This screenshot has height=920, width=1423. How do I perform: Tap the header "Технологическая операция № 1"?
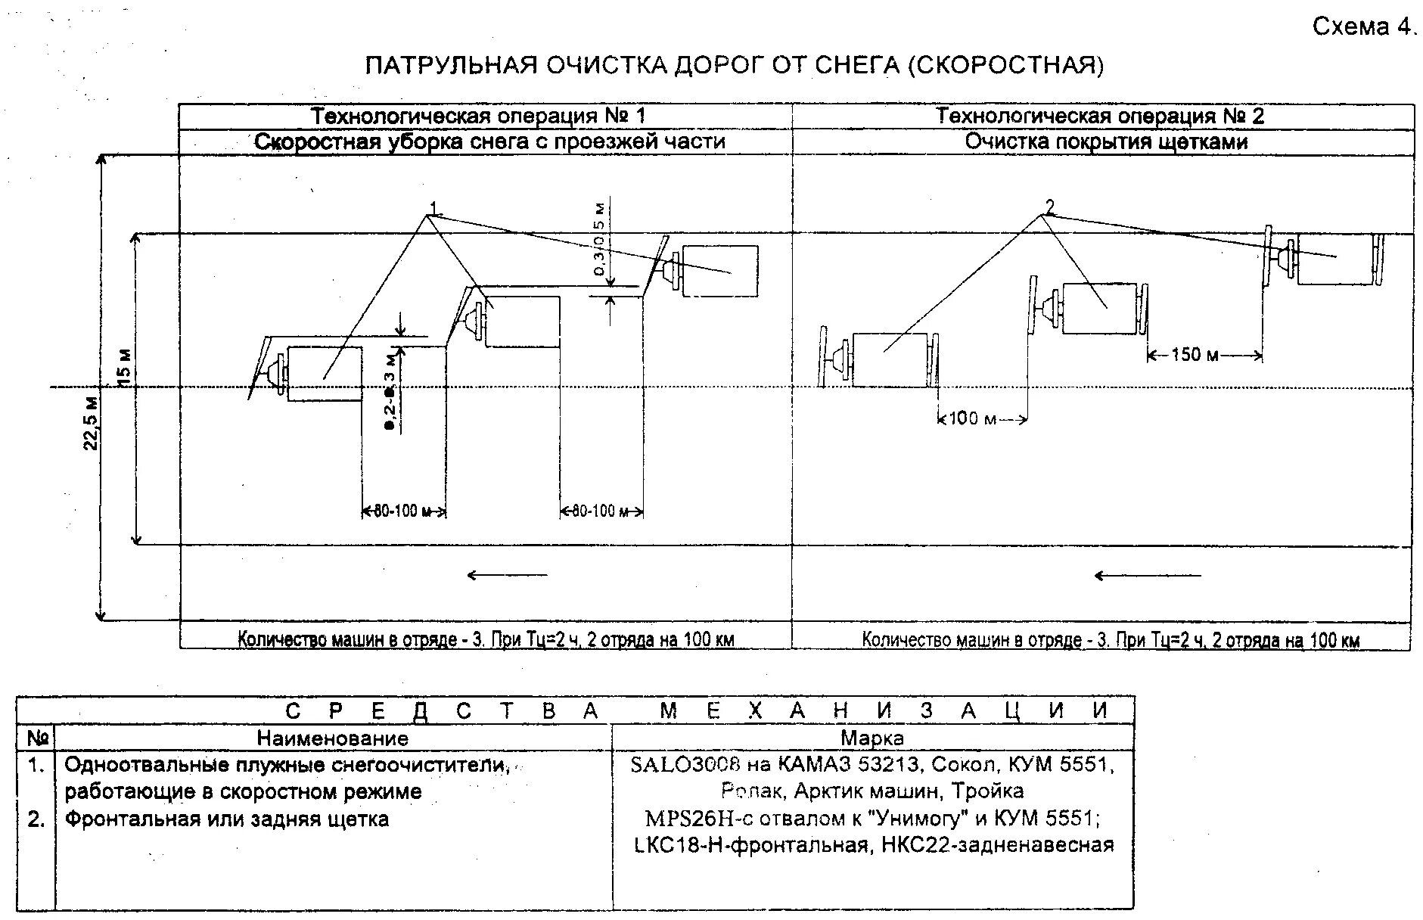pos(480,117)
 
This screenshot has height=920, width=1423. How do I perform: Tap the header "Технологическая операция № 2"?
pos(1100,117)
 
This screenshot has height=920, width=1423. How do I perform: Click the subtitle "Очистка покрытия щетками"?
pos(1106,141)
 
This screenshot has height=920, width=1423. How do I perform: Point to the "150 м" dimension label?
pos(1195,354)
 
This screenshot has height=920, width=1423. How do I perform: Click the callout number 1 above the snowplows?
pos(434,207)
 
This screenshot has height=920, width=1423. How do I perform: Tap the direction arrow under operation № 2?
pos(1147,576)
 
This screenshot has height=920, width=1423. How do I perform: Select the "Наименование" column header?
pos(333,738)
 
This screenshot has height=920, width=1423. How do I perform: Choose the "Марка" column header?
pos(872,738)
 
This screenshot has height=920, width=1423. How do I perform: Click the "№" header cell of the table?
pos(37,738)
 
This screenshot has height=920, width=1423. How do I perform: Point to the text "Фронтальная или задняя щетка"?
pos(227,819)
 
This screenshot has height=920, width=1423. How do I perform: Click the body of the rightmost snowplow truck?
pos(719,271)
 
